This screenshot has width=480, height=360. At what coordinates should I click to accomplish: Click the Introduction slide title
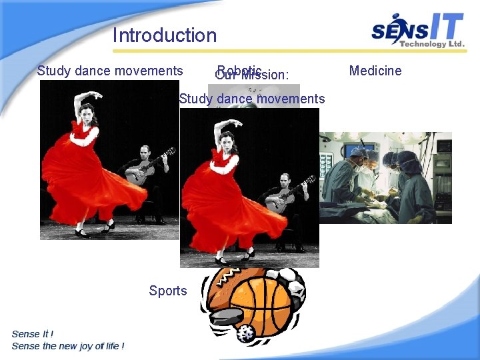click(x=165, y=35)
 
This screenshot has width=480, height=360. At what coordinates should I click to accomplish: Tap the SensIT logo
click(x=417, y=29)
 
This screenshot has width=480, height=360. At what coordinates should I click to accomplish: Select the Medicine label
click(x=375, y=71)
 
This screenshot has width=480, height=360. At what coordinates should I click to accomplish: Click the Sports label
click(x=168, y=291)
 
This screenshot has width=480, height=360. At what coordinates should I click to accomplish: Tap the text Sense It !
click(x=33, y=334)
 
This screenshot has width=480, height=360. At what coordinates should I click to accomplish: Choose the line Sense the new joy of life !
click(x=67, y=346)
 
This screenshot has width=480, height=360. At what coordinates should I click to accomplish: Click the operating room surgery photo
click(x=385, y=177)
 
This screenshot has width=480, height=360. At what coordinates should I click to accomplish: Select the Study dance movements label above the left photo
click(x=110, y=71)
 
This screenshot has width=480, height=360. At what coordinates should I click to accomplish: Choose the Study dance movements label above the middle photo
click(x=252, y=99)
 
